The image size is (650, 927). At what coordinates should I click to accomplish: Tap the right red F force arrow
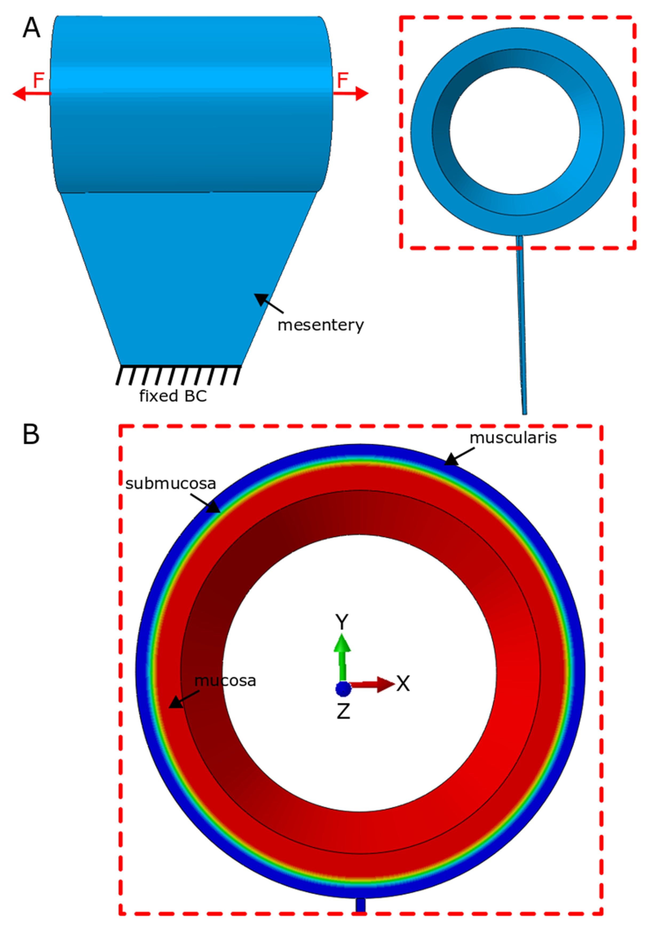tap(351, 94)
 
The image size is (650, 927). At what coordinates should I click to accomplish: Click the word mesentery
tap(320, 325)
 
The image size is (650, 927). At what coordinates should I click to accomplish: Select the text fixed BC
tap(173, 396)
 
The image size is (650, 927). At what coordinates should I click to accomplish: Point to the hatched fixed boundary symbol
tap(178, 375)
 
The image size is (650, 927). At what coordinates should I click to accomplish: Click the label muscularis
tap(513, 438)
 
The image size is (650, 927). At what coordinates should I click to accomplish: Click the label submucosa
tap(171, 483)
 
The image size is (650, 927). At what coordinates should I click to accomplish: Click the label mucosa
tap(225, 681)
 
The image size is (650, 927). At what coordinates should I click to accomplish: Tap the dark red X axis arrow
tap(371, 684)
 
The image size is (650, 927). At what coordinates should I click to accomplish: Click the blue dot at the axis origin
tap(343, 689)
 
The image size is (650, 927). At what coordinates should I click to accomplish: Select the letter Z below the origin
tap(343, 711)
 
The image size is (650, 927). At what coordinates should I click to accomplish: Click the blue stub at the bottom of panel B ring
tap(360, 904)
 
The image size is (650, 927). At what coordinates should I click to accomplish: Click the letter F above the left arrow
tap(38, 80)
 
